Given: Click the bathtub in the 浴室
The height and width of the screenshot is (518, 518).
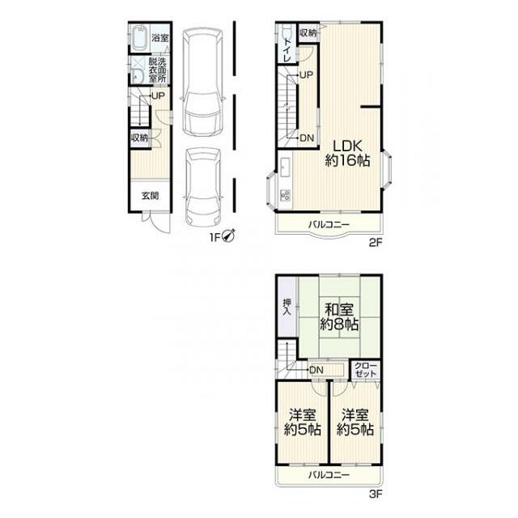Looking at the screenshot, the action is coord(140,38).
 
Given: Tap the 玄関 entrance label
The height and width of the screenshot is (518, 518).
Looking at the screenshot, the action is coord(151,196).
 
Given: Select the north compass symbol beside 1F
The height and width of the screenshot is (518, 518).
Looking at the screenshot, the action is coord(228,236).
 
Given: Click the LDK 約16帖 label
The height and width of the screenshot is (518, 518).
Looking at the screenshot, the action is coord(347,153).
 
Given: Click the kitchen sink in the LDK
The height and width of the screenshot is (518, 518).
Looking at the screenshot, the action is coord(285,168).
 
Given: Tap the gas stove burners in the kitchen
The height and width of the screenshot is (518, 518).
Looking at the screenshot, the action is coord(286,195).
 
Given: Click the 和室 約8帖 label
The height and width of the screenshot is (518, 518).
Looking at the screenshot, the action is coord(339,316).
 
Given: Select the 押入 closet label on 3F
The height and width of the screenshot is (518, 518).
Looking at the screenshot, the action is coord(287,307).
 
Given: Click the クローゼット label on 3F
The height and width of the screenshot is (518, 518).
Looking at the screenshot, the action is coord(365,370).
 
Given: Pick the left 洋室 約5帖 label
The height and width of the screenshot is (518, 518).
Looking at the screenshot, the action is coord(303,422).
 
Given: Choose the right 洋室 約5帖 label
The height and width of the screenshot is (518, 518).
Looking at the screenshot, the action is coord(355,422).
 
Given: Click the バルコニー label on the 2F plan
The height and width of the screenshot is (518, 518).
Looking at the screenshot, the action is coord(329,225).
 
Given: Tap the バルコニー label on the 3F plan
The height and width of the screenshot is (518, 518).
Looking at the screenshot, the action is coord(329,475).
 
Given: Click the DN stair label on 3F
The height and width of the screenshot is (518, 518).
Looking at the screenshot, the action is coord(316,371).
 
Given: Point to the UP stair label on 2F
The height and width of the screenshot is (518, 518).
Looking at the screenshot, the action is coord(306,75).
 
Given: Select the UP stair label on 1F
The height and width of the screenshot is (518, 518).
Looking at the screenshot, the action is coord(158,96).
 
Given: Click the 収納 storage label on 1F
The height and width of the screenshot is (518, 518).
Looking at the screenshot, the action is coord(140,138).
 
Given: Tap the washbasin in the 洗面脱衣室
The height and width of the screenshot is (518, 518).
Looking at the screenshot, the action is coord(137,77).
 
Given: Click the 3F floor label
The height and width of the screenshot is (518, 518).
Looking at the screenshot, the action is coord(376,495).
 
